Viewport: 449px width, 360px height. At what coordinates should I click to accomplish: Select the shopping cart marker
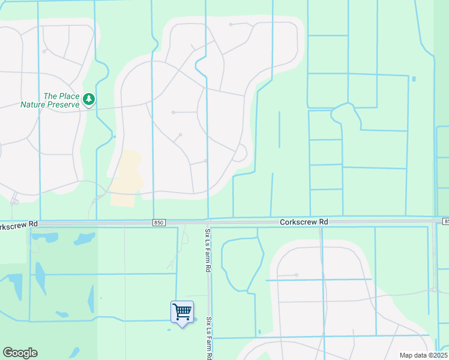tap(182, 311)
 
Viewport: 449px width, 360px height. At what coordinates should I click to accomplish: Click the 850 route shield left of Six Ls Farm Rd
tap(158, 223)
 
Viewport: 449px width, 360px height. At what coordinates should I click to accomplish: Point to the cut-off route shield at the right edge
tap(446, 222)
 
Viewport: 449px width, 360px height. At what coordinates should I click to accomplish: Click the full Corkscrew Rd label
tap(304, 222)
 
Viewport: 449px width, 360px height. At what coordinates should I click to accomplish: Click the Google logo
tap(20, 353)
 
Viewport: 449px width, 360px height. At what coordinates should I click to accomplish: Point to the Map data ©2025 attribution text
tap(423, 355)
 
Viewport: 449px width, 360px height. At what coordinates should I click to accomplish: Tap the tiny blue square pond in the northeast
tap(414, 79)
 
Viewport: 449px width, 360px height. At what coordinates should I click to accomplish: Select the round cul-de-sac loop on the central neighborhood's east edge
tap(240, 154)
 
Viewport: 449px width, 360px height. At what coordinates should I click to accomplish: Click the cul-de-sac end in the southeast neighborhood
tap(297, 275)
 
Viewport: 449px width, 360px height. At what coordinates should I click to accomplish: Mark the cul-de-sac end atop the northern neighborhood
tap(231, 25)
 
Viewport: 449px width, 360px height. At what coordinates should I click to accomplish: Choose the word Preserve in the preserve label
tap(66, 104)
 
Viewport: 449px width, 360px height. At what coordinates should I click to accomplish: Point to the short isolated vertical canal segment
tap(279, 129)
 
